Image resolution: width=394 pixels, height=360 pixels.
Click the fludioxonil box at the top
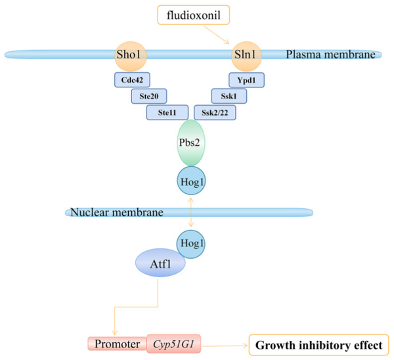pos(194,15)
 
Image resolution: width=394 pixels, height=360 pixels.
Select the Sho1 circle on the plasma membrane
pos(131,56)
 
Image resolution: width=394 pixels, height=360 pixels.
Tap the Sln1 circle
pos(246,56)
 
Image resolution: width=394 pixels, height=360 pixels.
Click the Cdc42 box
pos(132,80)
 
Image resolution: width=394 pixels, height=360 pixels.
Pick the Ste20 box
pos(149,96)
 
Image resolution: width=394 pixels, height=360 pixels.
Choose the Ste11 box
pos(167,112)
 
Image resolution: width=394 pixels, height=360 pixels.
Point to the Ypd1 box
pos(246,80)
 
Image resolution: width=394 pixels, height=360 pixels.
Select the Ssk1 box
pos(229,96)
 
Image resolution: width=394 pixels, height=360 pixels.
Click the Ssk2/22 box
pos(215,112)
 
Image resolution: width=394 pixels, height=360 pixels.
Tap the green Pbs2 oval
pos(191,143)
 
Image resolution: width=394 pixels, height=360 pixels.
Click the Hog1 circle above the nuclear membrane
pos(192,181)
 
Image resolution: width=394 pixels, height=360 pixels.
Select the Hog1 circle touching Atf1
pos(190,244)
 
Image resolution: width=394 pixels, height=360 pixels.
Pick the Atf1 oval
pos(160,263)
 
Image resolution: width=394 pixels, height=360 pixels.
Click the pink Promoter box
pos(117,344)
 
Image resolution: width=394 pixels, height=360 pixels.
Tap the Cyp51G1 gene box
pos(173,344)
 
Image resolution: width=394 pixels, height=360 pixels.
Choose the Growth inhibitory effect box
pos(319,345)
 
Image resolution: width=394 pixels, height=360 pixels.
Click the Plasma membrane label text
pos(331,55)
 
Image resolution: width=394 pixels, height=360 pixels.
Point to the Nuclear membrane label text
pos(117,212)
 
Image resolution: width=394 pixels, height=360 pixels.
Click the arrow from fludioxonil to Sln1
pos(217,35)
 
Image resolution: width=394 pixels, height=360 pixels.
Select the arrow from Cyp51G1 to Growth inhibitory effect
pos(225,346)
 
